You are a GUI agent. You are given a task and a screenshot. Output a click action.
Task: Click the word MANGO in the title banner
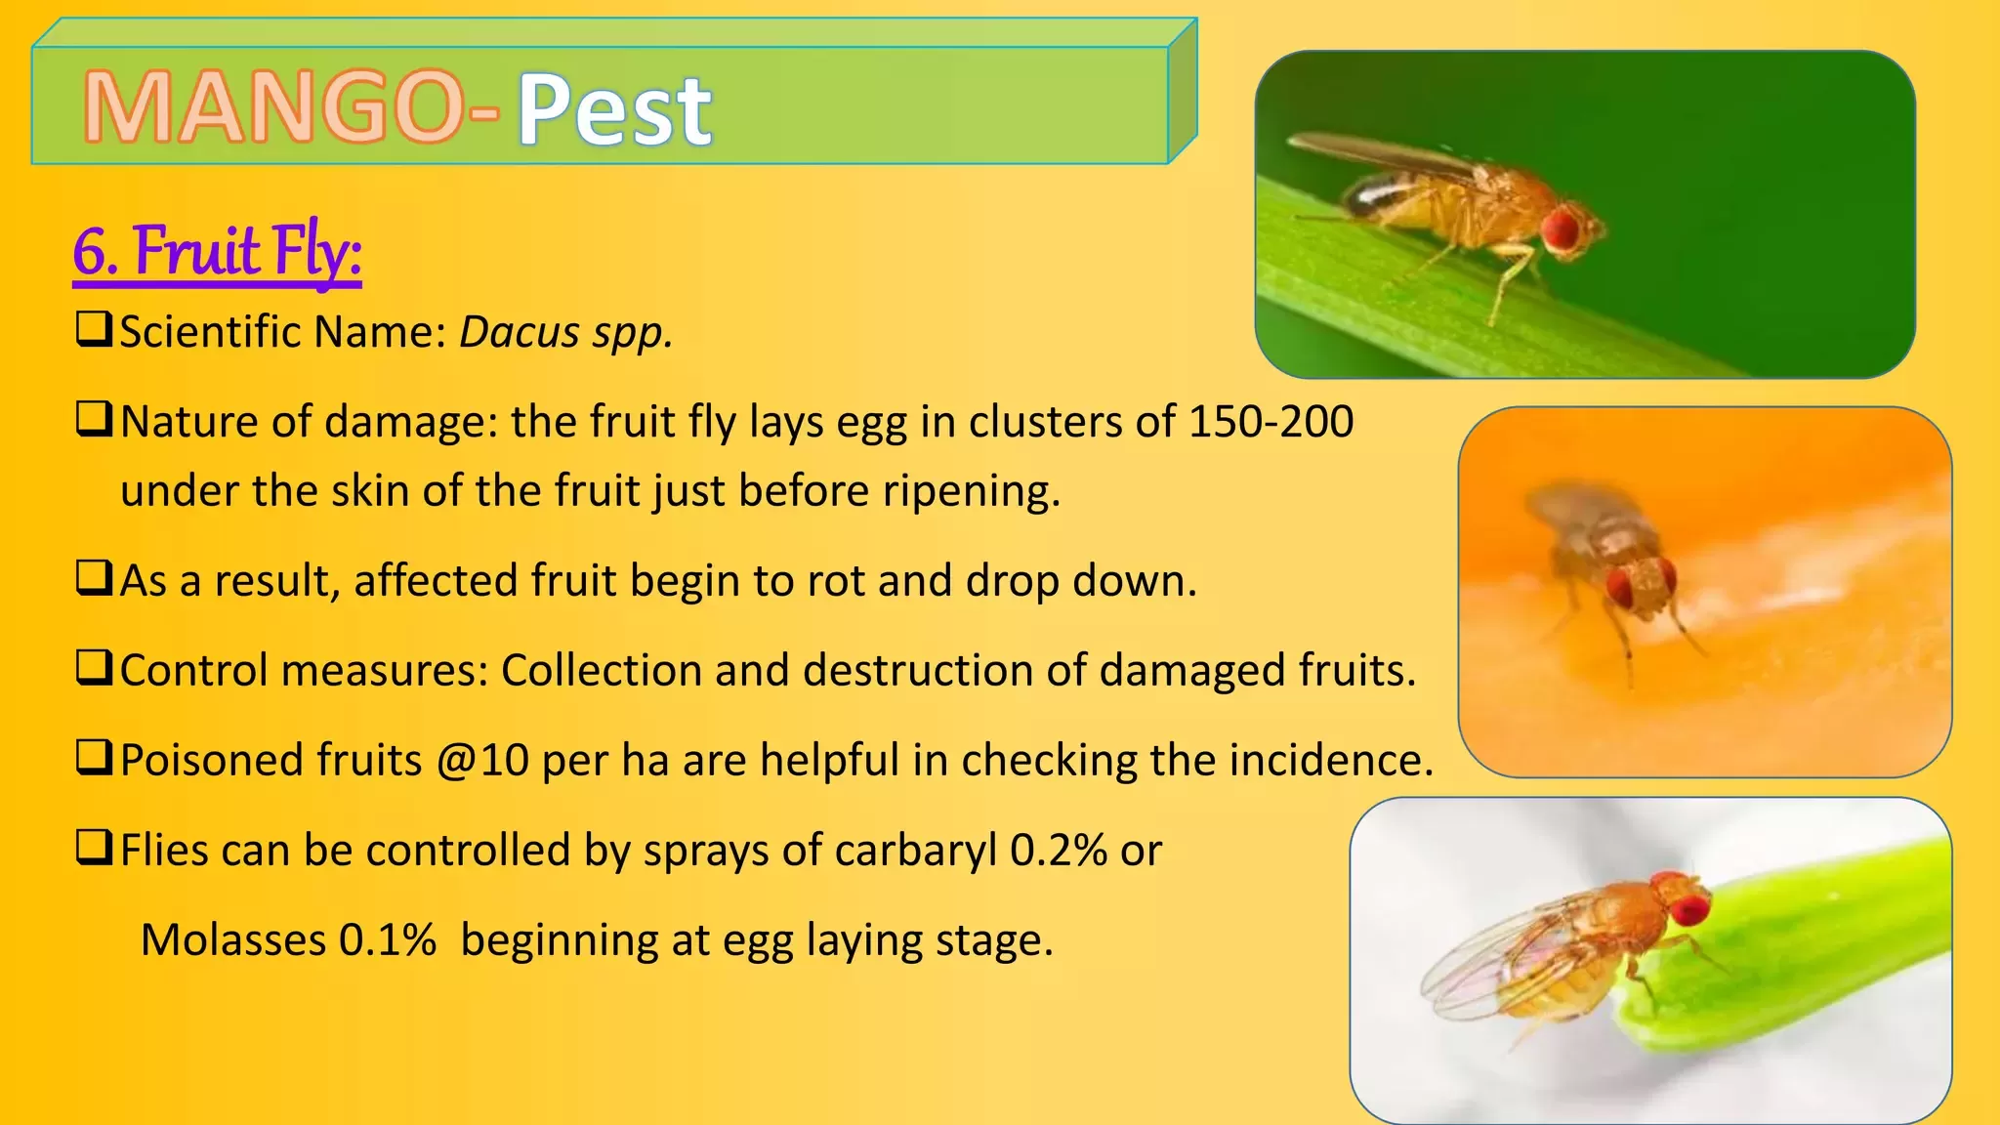274,107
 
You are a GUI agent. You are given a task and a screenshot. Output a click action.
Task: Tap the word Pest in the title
614,109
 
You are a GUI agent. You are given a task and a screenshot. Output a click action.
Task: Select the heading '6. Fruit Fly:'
217,252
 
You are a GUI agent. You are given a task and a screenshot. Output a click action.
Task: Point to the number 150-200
1271,422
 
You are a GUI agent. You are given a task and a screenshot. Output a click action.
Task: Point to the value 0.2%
1059,851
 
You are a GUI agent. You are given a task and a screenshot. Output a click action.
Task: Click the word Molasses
233,940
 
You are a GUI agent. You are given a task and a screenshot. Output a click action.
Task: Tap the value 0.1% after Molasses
387,940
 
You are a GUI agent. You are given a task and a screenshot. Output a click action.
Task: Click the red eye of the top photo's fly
1561,228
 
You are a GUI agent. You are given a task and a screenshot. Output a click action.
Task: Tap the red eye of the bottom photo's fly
1688,905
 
